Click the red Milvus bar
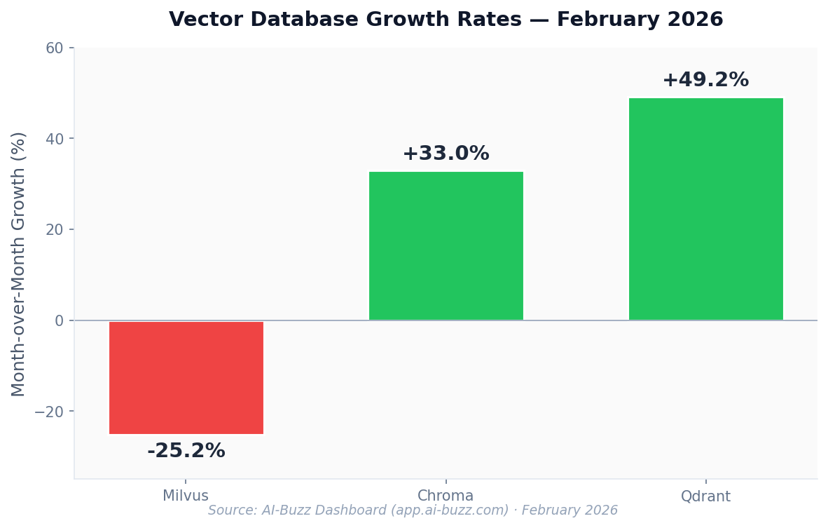click(x=186, y=377)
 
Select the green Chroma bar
click(x=446, y=246)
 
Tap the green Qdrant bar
click(x=705, y=209)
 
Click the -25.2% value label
click(x=186, y=451)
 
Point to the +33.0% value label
click(x=446, y=154)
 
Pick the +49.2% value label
click(x=705, y=80)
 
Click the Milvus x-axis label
click(x=186, y=496)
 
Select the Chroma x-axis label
click(x=446, y=496)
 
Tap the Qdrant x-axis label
click(x=705, y=496)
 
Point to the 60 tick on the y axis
click(x=55, y=48)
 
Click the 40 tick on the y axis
click(x=55, y=139)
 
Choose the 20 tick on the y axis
click(x=55, y=229)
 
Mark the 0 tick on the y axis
click(x=59, y=320)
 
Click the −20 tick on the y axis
click(x=49, y=412)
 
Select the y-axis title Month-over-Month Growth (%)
click(x=19, y=264)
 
